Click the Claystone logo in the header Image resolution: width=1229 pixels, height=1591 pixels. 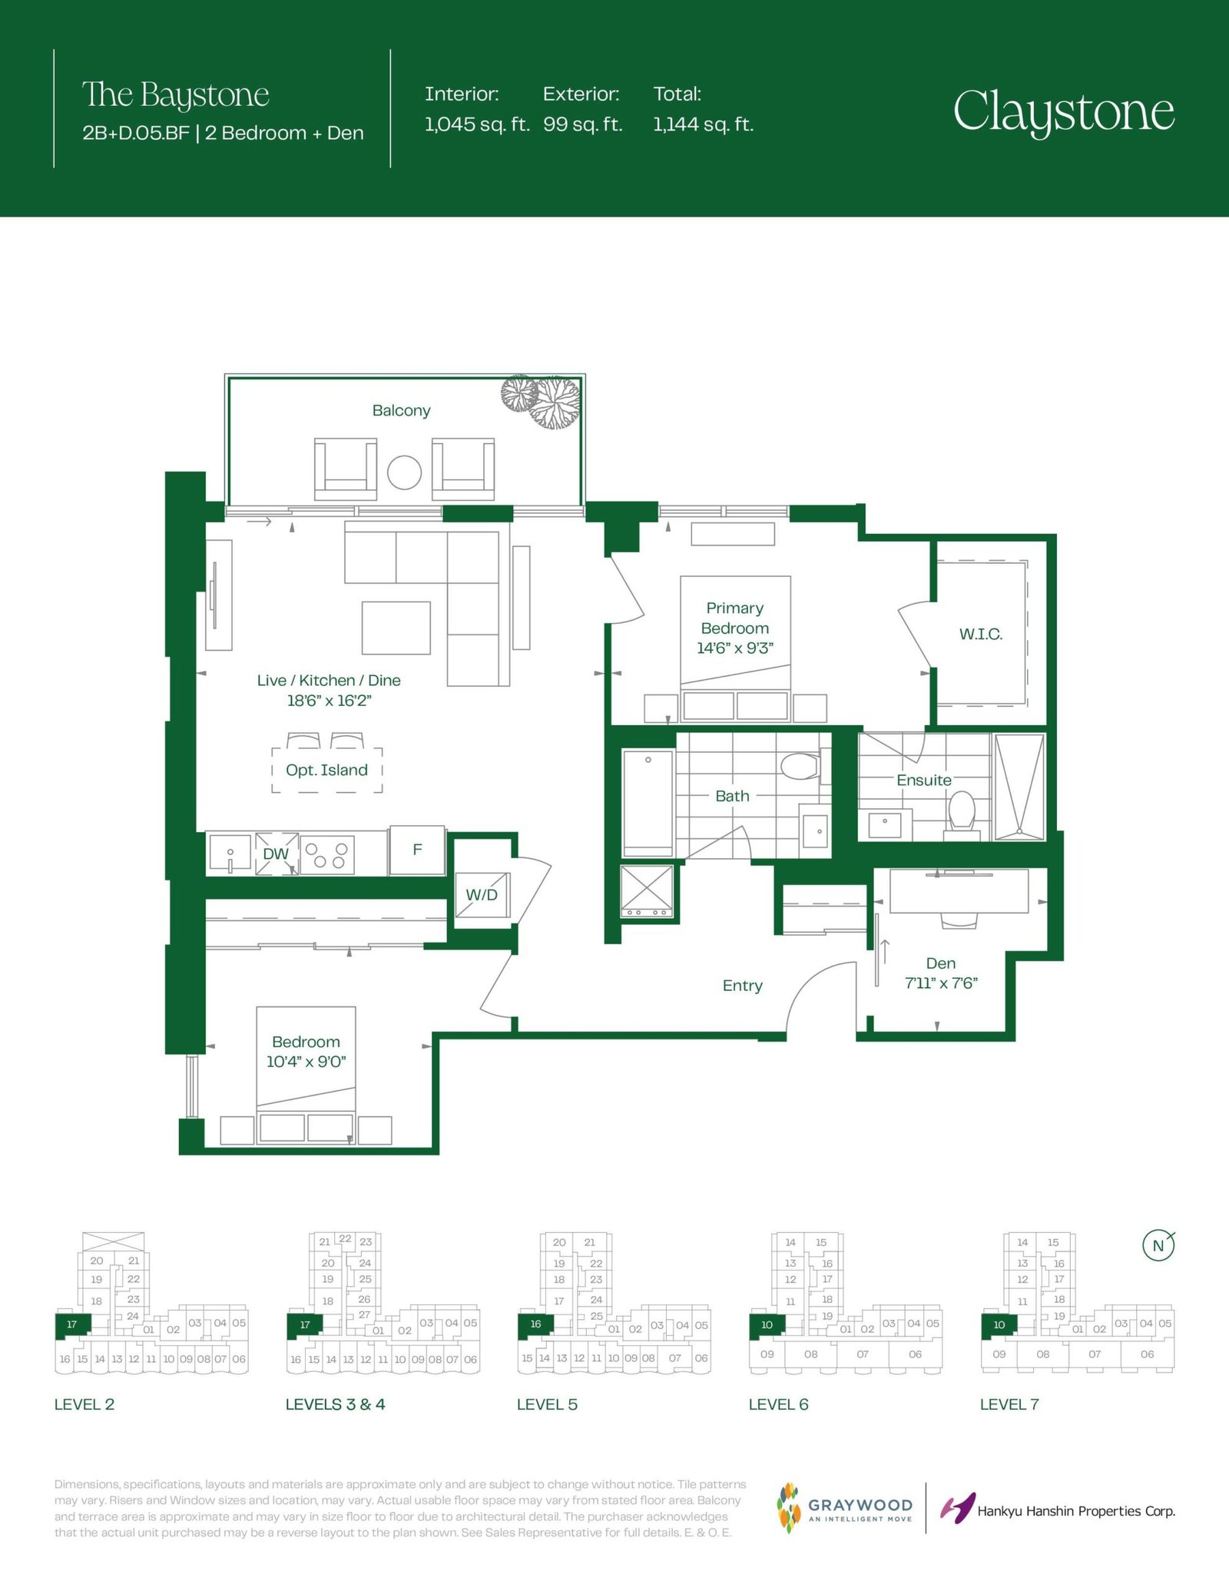[1064, 113]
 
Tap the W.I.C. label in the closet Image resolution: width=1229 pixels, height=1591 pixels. [981, 635]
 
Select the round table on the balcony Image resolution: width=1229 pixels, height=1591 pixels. [404, 472]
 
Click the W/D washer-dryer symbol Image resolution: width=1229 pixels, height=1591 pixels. [482, 895]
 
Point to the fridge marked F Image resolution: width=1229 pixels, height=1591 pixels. [417, 850]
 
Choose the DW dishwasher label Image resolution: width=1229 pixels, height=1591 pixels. [276, 854]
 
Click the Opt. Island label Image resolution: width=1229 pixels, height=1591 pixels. [326, 770]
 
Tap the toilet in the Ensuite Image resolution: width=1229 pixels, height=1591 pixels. [962, 811]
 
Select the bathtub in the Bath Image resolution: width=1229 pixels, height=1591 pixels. [648, 804]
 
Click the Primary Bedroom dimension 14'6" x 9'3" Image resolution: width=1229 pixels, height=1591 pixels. [735, 648]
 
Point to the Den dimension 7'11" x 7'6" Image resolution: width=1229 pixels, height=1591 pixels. [941, 983]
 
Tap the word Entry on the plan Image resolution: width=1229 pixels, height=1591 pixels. [743, 986]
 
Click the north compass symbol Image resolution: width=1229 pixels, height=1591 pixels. [1158, 1245]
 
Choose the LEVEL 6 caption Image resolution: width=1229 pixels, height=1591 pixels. [779, 1405]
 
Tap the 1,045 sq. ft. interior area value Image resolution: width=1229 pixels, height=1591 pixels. [477, 124]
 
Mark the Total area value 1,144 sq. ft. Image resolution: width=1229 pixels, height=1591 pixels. [704, 124]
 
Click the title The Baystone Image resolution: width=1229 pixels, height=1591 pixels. [176, 95]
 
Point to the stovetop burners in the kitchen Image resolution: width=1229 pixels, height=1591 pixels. [327, 855]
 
